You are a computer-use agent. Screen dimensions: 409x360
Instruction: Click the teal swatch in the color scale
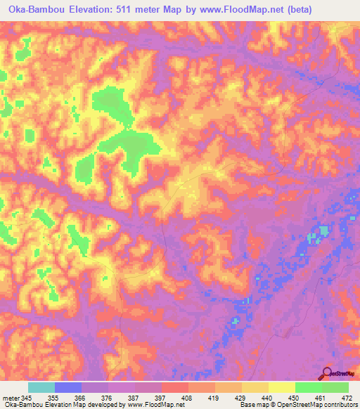point(41,388)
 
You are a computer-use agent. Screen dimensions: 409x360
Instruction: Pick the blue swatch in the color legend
point(68,388)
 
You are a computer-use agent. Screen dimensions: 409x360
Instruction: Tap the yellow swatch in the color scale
point(282,388)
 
